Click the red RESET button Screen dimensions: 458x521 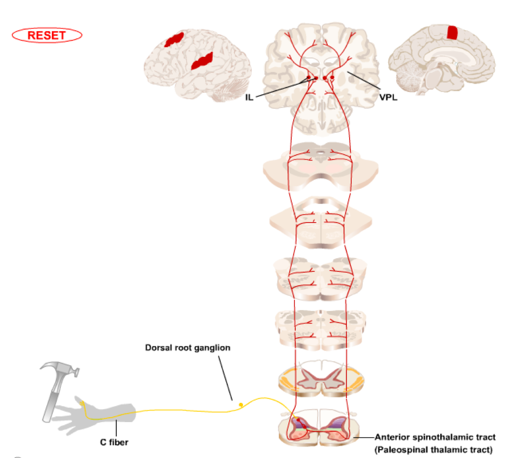pos(47,35)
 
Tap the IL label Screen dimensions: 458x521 pos(249,97)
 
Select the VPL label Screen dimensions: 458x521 pos(388,97)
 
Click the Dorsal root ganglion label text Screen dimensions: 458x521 pos(187,348)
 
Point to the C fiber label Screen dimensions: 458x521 pos(114,442)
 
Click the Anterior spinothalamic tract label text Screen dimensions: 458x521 pos(435,437)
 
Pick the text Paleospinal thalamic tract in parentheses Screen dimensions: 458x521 pos(433,450)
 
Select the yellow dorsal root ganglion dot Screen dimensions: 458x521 pos(241,405)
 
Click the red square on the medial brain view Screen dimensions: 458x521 pos(452,32)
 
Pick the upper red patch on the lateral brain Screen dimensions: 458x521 pos(174,39)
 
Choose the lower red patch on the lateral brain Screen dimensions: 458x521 pos(202,62)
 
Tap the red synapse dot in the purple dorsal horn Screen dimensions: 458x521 pos(298,420)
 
